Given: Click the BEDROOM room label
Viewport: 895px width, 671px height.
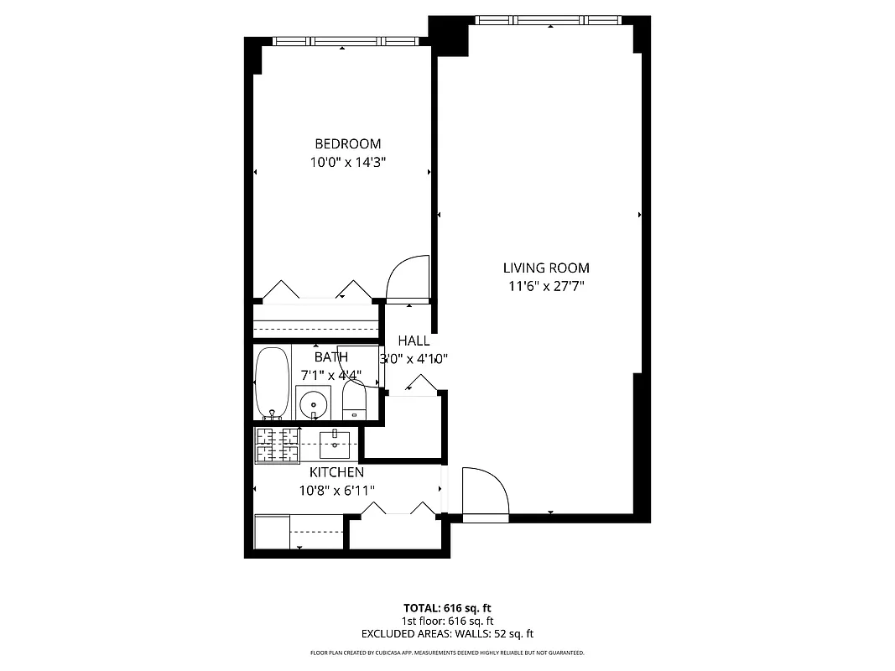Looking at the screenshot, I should [x=347, y=143].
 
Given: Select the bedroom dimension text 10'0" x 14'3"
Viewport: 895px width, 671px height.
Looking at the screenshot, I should [x=347, y=162].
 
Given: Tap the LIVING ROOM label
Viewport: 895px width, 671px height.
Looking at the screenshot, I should [x=546, y=268].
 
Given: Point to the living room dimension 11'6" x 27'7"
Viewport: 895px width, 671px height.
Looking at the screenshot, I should [x=546, y=287].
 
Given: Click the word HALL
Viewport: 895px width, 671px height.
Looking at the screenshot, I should [x=414, y=341].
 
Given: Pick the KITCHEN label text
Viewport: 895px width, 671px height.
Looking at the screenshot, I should [x=336, y=472].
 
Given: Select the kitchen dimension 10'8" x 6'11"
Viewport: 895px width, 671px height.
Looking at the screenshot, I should [x=336, y=491].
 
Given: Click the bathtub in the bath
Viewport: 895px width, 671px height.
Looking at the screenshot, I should [x=272, y=382].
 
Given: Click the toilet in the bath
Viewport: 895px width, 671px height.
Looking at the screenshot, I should [x=356, y=401].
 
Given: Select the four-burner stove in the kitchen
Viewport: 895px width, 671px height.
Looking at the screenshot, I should [x=278, y=445].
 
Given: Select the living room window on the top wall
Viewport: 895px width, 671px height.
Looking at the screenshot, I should [x=549, y=20].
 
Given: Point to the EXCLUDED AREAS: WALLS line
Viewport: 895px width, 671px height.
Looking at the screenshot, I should [x=447, y=634].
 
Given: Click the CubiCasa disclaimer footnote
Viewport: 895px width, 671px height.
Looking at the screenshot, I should [x=447, y=653].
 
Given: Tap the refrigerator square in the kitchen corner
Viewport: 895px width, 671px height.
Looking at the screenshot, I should [x=272, y=533].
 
